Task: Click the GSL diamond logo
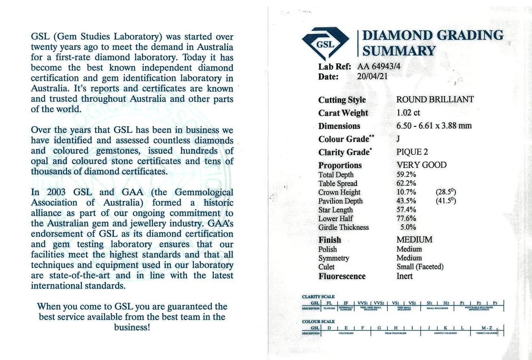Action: [325, 43]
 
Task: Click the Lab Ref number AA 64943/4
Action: [379, 66]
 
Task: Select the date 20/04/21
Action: [372, 76]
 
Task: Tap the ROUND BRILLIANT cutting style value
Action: [435, 99]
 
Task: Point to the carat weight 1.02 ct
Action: [408, 113]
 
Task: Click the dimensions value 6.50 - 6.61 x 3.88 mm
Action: [433, 126]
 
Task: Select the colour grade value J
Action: [398, 139]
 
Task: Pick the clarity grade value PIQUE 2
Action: [412, 152]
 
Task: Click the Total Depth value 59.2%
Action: [406, 175]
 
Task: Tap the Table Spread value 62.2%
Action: [406, 183]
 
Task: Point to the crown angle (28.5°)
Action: [446, 192]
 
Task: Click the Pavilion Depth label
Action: [340, 201]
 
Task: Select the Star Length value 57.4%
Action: [406, 210]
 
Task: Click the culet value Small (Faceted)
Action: [420, 267]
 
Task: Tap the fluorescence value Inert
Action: [404, 276]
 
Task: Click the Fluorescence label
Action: [342, 276]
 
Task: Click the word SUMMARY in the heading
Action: [399, 51]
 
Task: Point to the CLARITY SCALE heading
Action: [318, 297]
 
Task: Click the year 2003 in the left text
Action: [56, 192]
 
